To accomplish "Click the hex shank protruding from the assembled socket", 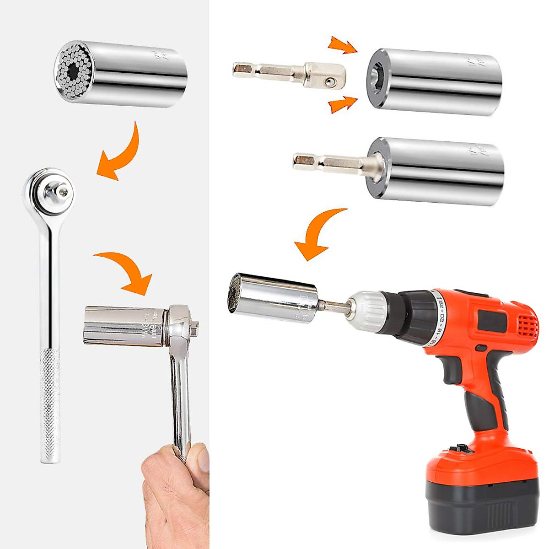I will pyautogui.click(x=320, y=161).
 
